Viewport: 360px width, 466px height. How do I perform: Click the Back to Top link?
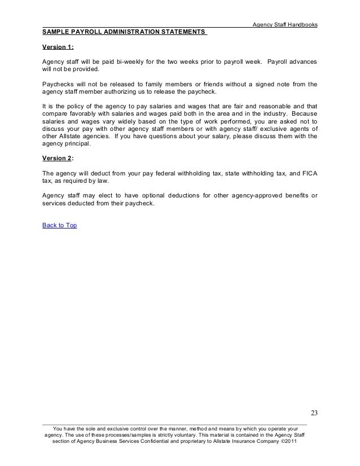pos(59,225)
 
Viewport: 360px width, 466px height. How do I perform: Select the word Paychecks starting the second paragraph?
pos(59,84)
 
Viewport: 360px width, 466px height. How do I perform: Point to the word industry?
pos(268,114)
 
